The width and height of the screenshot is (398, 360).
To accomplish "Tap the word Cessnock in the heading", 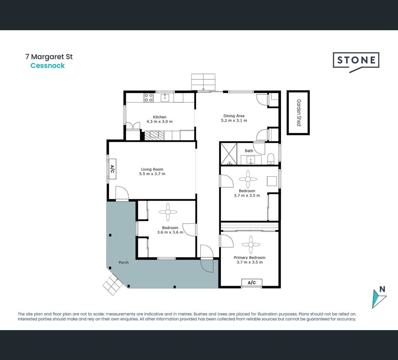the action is coord(47,66).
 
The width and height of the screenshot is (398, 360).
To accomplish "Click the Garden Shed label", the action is coord(299,113).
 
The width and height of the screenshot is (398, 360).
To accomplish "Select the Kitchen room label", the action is coord(160,117).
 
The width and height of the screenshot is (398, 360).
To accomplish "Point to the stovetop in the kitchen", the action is coord(149,98).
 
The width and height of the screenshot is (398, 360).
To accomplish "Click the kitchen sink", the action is coord(165,97).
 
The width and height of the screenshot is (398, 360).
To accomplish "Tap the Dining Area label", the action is coord(234,116).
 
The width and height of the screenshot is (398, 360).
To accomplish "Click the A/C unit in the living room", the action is coord(112,169).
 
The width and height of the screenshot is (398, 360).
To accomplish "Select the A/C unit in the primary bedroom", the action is coord(251,282).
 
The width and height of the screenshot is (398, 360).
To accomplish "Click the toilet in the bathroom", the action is coord(271,159).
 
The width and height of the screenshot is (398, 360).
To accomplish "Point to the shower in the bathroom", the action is coord(229,154).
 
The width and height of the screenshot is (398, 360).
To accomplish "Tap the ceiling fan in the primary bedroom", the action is coord(251,245).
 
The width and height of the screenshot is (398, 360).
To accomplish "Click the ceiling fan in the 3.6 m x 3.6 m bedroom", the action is coord(168,212).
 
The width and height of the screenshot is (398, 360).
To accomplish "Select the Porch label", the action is coord(124,262).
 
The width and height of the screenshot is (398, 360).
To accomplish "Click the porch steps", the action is coord(113,284).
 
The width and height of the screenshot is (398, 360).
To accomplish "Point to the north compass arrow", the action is coord(379,299).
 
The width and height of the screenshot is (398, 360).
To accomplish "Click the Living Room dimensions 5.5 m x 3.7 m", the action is coord(152,174).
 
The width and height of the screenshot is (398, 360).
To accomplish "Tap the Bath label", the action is coord(249,151).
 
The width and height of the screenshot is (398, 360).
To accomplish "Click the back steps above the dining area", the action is coord(203,82).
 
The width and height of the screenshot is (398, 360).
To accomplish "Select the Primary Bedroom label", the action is coord(249,258).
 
